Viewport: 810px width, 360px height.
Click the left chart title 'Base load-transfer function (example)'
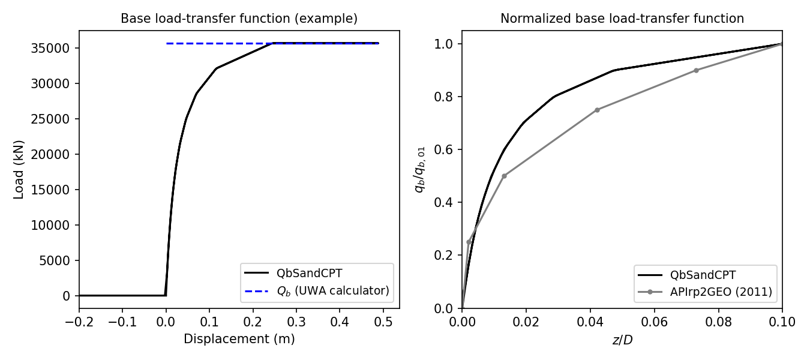coord(239,19)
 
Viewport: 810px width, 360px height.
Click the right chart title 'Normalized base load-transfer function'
coord(622,19)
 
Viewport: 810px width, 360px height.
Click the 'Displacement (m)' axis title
coord(239,339)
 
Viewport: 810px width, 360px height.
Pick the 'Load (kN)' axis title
coord(19,169)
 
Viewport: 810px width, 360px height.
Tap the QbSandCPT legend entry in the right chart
coord(703,275)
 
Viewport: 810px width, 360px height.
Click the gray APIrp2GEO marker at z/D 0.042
coord(597,110)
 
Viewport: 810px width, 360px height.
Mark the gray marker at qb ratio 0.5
coord(504,176)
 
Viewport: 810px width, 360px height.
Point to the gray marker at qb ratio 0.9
coord(696,70)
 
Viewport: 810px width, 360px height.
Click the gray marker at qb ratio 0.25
coord(469,242)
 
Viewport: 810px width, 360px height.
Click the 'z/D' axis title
coord(622,340)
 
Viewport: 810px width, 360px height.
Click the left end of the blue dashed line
coord(167,43)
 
